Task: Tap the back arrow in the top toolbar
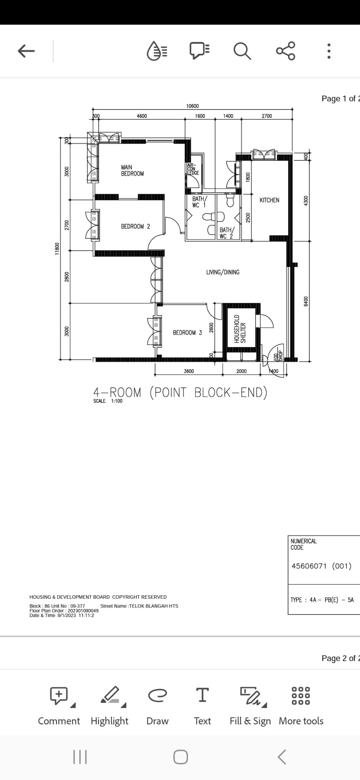(x=26, y=51)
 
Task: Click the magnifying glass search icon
(x=242, y=51)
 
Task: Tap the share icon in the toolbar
(x=286, y=51)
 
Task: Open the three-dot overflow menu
(x=329, y=51)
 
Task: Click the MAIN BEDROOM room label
(x=132, y=170)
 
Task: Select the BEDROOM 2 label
(x=135, y=226)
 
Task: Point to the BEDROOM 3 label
(x=187, y=332)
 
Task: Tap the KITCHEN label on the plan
(x=269, y=200)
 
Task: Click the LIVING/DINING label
(x=223, y=272)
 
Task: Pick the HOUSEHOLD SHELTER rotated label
(x=240, y=329)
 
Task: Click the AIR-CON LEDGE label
(x=193, y=169)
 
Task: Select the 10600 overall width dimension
(x=192, y=106)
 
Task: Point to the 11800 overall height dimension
(x=58, y=249)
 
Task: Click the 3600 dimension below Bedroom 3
(x=189, y=371)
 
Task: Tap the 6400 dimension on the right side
(x=305, y=301)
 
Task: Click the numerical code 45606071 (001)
(x=321, y=566)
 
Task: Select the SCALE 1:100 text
(x=108, y=401)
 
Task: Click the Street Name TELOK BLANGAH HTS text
(x=139, y=606)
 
